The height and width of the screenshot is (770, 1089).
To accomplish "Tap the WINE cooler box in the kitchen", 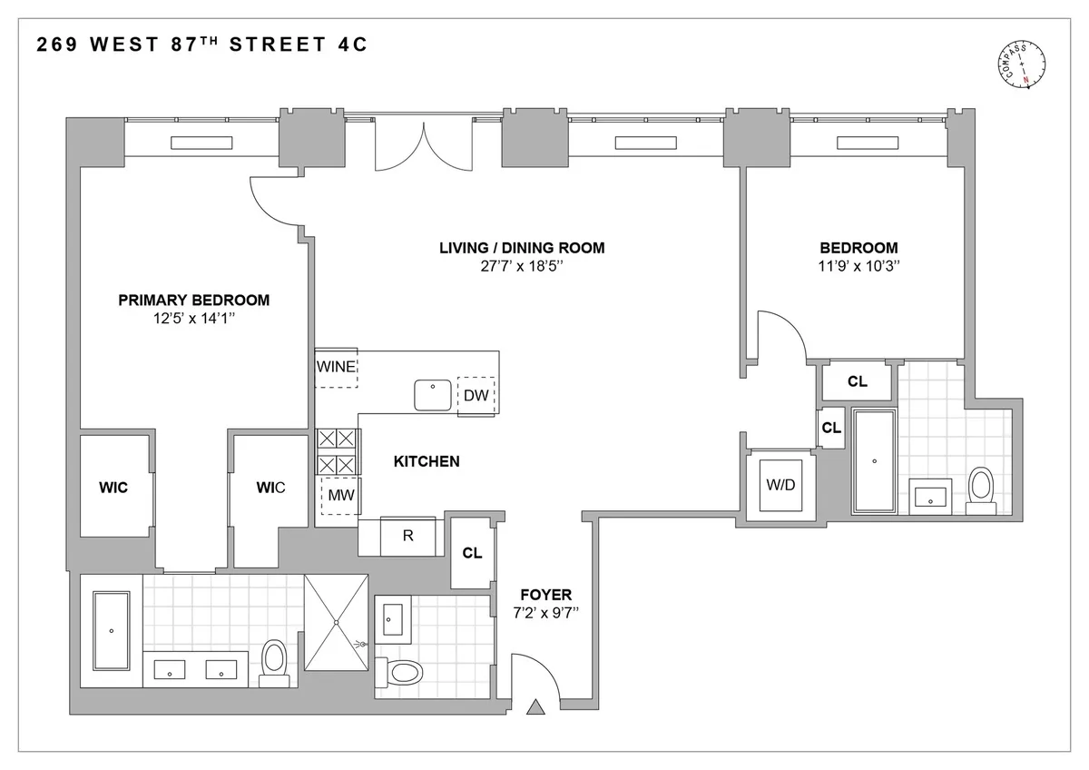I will coord(336,368).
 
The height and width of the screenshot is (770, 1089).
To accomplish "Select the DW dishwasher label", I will coord(476,396).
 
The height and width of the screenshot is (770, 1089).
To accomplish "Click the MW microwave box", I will coord(340,495).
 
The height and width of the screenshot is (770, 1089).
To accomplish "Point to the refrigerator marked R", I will coord(407,536).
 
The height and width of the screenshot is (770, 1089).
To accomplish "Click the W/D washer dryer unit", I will coord(780,485).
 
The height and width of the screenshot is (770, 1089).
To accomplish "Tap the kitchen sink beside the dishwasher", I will coord(434,395).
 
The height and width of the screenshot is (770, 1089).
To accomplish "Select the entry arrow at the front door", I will coord(535,706).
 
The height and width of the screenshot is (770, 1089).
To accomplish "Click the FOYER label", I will coord(547,595).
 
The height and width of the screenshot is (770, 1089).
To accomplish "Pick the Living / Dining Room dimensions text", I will coord(522,266).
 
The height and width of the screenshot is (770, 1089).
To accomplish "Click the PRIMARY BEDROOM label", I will coord(194,300).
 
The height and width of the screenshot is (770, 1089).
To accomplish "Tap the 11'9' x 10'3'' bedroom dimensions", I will coord(858,266).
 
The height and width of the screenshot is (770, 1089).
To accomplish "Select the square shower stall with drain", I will coord(337,622).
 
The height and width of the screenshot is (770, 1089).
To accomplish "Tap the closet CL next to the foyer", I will coord(472,553).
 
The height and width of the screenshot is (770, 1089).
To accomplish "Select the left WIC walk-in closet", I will coord(113,488).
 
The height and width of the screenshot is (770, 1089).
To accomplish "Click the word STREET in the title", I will coord(275,44).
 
